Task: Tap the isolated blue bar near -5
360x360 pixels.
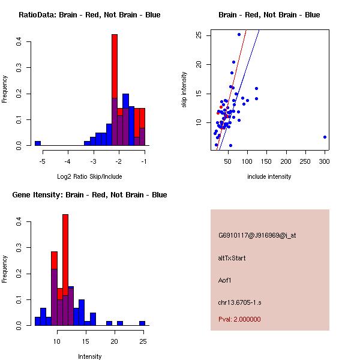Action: [38, 143]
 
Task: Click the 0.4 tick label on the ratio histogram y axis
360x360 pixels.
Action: [20, 42]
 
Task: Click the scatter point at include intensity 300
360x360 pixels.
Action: [325, 137]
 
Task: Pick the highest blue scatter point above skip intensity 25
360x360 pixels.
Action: [239, 34]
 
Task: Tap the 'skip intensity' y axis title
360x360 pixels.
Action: [184, 90]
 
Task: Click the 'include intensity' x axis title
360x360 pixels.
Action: [269, 176]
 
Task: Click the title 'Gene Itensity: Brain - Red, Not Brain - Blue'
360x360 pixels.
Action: [89, 195]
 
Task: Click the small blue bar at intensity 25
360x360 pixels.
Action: [142, 323]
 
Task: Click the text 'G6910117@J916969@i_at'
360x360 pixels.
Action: [257, 235]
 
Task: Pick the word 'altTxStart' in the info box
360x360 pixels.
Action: [232, 258]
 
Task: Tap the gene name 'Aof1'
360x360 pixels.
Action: [226, 280]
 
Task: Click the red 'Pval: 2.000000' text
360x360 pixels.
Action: [239, 319]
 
